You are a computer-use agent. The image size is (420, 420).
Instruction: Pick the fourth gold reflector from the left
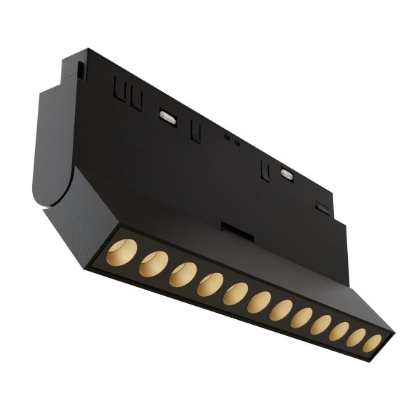coord(209,283)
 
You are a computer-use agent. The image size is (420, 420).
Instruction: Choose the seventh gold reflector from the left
coord(281,311)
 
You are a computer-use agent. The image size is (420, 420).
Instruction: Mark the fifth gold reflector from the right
coord(301,319)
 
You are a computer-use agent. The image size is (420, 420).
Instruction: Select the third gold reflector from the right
coord(339,333)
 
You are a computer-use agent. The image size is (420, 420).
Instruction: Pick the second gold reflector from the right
coord(356,339)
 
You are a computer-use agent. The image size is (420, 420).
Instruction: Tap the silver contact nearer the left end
coord(167,113)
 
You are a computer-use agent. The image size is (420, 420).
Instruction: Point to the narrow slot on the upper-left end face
coord(82,71)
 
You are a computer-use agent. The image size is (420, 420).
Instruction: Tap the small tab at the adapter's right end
coord(321,207)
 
